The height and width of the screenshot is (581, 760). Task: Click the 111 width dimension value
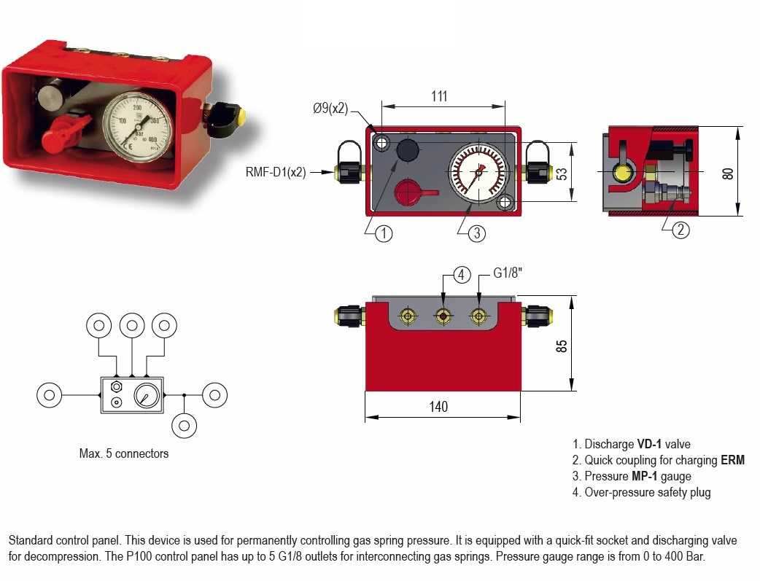pyautogui.click(x=438, y=97)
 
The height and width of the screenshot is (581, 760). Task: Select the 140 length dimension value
pyautogui.click(x=438, y=407)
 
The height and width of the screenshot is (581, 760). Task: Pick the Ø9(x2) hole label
pyautogui.click(x=330, y=109)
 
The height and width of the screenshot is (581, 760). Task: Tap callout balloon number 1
pyautogui.click(x=384, y=234)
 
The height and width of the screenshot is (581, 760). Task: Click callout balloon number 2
pyautogui.click(x=679, y=230)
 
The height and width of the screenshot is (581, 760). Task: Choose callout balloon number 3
pyautogui.click(x=476, y=234)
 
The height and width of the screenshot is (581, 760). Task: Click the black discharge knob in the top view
pyautogui.click(x=408, y=150)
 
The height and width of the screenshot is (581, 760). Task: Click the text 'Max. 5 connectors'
pyautogui.click(x=123, y=453)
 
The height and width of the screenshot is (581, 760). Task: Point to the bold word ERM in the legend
pyautogui.click(x=732, y=460)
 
